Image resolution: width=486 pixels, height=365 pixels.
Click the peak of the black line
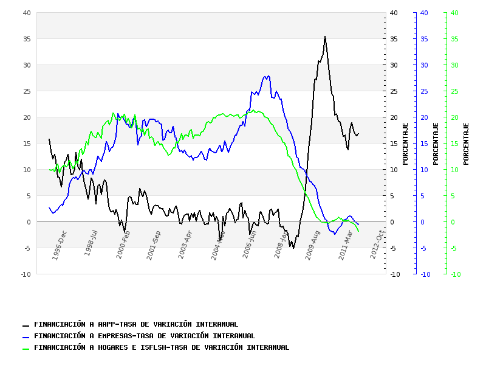click(x=325, y=36)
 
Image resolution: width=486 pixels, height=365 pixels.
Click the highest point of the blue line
click(x=268, y=76)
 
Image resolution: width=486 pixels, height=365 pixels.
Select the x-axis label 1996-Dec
click(x=60, y=245)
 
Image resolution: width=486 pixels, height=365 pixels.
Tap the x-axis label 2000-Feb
click(x=123, y=245)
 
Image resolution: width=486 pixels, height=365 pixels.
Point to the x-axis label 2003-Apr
click(x=185, y=245)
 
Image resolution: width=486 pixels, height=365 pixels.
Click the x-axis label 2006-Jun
click(x=250, y=245)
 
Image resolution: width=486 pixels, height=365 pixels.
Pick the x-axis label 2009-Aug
click(x=313, y=245)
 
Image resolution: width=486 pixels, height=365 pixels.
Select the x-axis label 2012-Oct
click(x=377, y=245)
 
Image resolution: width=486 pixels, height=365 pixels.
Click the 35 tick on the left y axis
click(x=27, y=39)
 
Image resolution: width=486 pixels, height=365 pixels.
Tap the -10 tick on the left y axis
click(x=26, y=274)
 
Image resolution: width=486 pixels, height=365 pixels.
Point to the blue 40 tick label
click(x=424, y=13)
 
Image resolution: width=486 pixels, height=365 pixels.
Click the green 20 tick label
click(x=454, y=117)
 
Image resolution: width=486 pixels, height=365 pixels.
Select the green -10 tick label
click(x=456, y=274)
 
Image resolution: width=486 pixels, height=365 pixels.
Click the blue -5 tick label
click(x=424, y=248)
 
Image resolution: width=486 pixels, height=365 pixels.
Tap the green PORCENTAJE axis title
click(x=466, y=144)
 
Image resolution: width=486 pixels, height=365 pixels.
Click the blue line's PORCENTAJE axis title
click(x=436, y=144)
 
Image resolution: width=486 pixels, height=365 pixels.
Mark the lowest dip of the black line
click(x=293, y=248)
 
